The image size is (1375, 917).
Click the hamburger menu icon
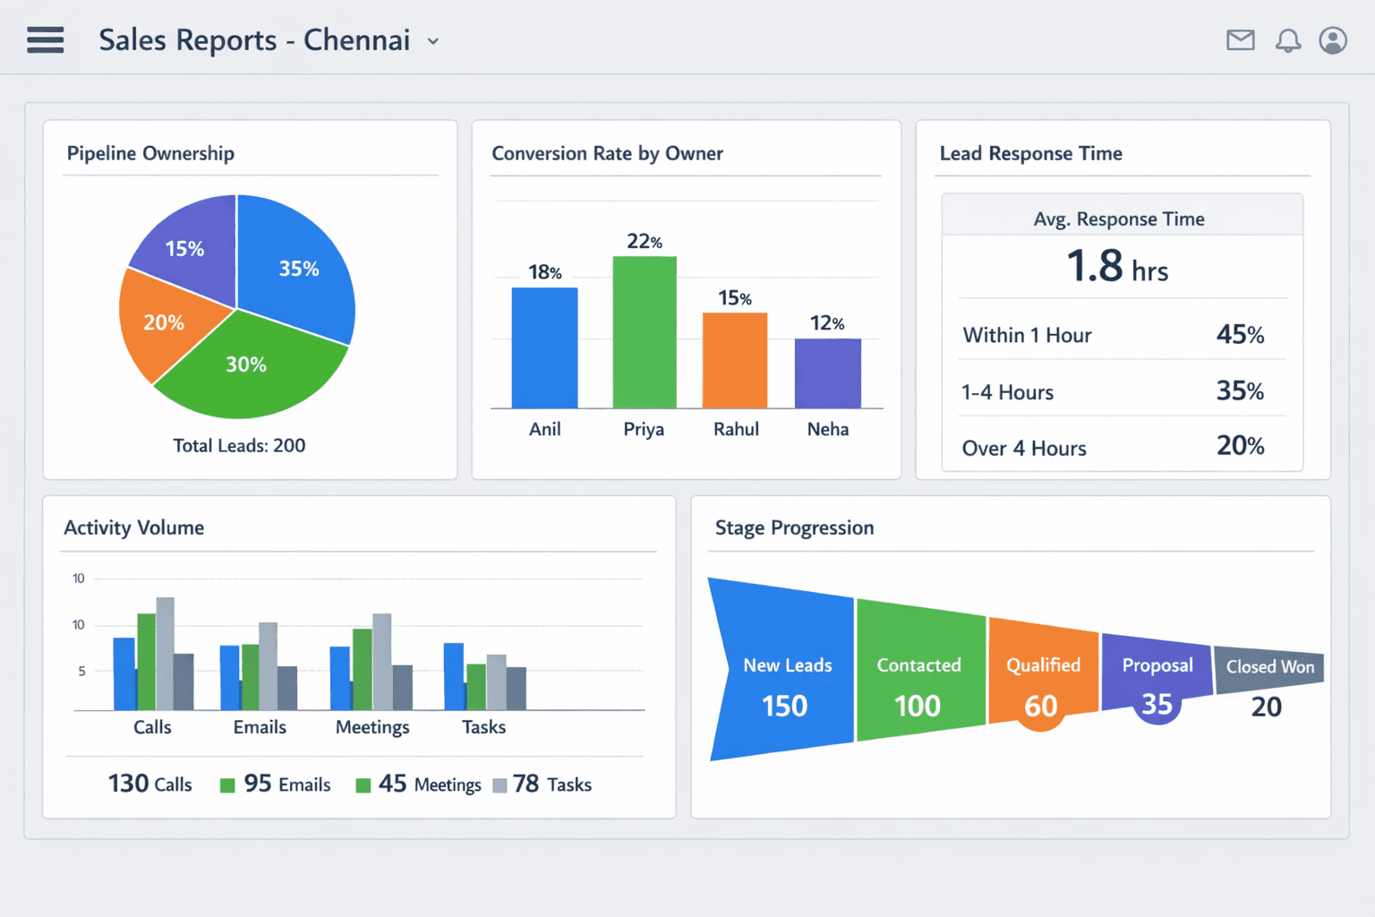tap(46, 40)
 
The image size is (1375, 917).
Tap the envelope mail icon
tap(1240, 40)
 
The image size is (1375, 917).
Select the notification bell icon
tap(1287, 40)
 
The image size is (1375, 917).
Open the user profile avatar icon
tap(1333, 40)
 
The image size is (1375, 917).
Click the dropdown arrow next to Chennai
tap(433, 41)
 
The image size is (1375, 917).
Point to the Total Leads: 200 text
tap(239, 445)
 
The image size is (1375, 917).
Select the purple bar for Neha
tap(827, 373)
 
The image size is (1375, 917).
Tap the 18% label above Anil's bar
tap(544, 272)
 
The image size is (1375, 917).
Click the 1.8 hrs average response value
tap(1116, 267)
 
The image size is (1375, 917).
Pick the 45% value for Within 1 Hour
tap(1240, 335)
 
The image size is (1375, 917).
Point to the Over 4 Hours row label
tap(1024, 448)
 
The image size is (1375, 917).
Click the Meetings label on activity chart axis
tap(372, 727)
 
